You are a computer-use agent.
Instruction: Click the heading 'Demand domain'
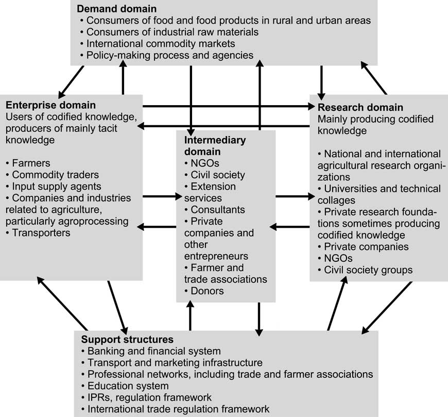[x=116, y=9]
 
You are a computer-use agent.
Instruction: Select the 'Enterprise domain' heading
[x=50, y=105]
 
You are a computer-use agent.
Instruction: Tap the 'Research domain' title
[x=360, y=107]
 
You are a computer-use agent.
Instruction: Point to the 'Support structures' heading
[x=127, y=339]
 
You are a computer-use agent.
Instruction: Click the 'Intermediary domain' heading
[x=215, y=145]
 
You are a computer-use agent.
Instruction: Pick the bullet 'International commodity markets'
[x=158, y=43]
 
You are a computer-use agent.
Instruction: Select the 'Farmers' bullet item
[x=28, y=163]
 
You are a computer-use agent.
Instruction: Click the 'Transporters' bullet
[x=38, y=233]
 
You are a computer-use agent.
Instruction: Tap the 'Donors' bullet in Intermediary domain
[x=204, y=291]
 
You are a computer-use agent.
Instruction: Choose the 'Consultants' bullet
[x=215, y=210]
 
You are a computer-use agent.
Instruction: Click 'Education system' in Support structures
[x=125, y=386]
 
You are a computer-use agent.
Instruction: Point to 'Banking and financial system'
[x=151, y=351]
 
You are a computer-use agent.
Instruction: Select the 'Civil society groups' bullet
[x=365, y=270]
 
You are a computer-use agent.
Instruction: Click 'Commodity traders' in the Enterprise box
[x=53, y=175]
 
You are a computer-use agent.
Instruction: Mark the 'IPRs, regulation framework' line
[x=146, y=397]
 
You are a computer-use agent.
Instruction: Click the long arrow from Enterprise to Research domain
[x=229, y=106]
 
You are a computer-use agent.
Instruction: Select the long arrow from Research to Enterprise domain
[x=223, y=126]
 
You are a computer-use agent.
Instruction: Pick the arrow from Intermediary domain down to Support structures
[x=259, y=319]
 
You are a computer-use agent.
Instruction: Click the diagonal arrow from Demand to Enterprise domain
[x=71, y=82]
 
